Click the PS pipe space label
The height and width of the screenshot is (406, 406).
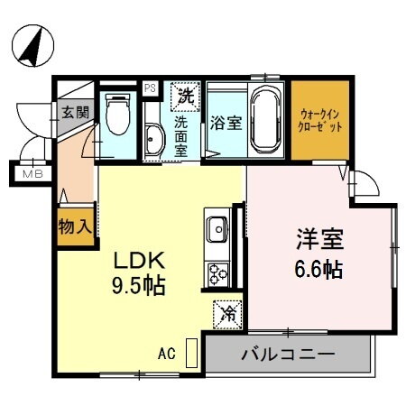[150, 88]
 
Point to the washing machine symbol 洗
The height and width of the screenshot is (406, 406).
[186, 94]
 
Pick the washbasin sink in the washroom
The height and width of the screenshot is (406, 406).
[153, 140]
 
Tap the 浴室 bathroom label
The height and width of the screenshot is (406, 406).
[226, 122]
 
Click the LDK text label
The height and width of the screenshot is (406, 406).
[138, 260]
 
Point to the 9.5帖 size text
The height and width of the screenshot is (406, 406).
[138, 287]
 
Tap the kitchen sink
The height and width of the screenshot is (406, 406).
[217, 229]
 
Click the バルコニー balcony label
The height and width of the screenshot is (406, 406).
[287, 353]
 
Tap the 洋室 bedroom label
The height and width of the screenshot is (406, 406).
[319, 241]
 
